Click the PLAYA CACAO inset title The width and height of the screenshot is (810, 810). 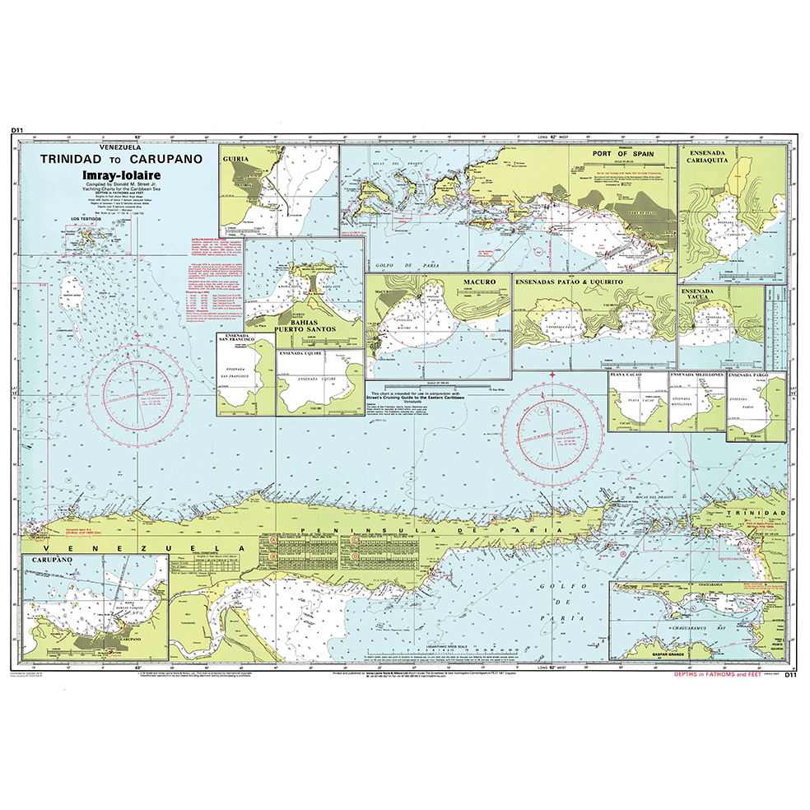626,375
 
